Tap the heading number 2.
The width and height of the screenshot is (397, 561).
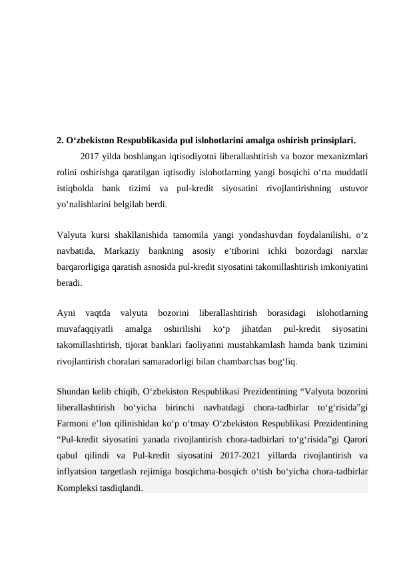click(60, 141)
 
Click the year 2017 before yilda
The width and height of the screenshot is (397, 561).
click(89, 157)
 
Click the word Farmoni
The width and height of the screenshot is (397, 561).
click(75, 422)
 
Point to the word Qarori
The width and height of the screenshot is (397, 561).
click(356, 438)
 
